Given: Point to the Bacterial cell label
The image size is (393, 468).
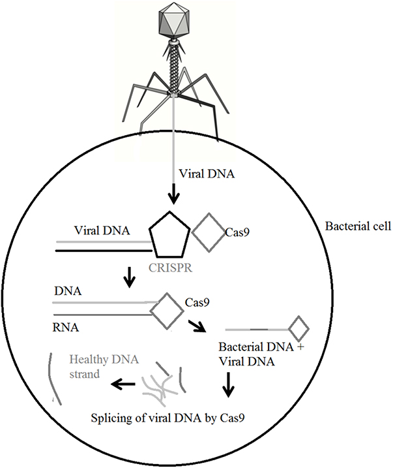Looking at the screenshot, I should coord(357,227).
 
